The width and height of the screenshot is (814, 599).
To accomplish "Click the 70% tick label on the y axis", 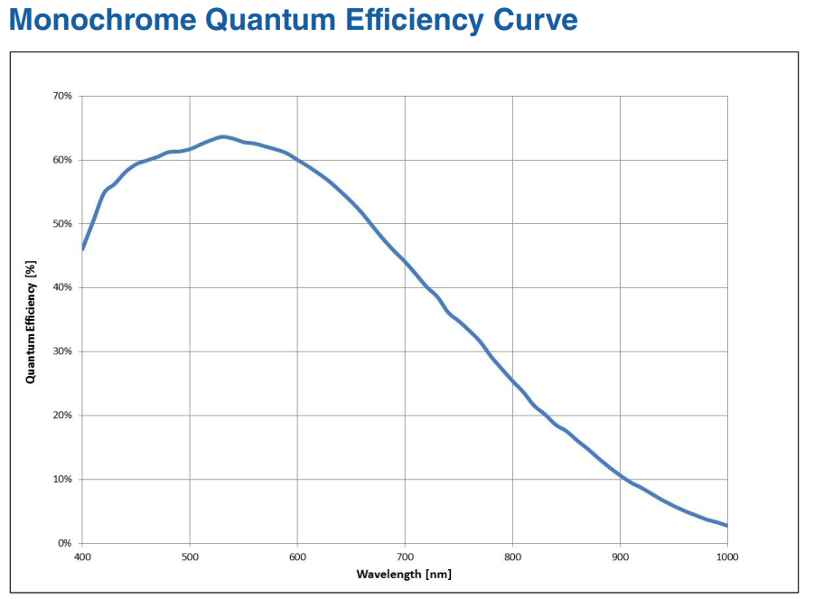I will pos(62,96).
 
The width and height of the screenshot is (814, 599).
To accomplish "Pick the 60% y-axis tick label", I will pos(62,160).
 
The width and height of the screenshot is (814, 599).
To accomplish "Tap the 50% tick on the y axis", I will pos(62,224).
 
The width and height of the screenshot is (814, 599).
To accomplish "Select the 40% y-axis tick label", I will pos(62,287).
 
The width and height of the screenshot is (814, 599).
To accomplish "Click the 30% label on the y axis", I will pos(62,351).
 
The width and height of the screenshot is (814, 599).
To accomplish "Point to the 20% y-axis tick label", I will pos(62,416).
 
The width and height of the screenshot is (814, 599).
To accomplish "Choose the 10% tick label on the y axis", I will pos(62,480).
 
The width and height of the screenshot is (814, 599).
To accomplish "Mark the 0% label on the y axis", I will pos(65,543).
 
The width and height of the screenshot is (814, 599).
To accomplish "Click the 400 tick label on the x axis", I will pos(82,557).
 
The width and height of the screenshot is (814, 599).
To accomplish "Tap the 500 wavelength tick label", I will pos(190,557).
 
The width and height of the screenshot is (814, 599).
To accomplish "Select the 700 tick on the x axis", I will pos(405,557).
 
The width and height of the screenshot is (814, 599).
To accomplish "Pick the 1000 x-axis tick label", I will pos(727,557).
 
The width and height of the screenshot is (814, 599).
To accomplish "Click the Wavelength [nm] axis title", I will pos(404,574).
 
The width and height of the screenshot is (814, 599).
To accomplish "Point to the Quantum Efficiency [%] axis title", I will pos(31,320).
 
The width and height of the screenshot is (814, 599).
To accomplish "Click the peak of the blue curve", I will pos(222,136).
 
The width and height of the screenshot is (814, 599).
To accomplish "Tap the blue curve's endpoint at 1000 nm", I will pos(726,526).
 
